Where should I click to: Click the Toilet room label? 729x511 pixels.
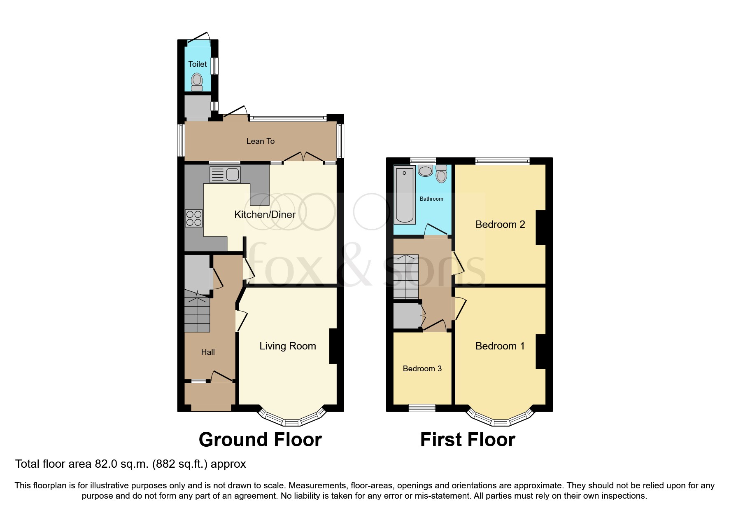[198, 64]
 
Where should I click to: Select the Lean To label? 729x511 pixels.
[260, 141]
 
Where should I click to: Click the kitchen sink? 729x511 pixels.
[225, 175]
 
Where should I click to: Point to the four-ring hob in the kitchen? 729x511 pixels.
[194, 218]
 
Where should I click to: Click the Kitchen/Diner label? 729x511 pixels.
[265, 215]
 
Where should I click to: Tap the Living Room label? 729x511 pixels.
[287, 346]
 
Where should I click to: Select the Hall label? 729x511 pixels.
[208, 352]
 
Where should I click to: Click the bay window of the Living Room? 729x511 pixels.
[291, 420]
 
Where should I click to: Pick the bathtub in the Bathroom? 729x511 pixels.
[404, 195]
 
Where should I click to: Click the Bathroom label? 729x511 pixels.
[431, 199]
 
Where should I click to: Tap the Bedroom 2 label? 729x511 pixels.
[500, 225]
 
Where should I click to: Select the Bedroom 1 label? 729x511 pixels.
[500, 346]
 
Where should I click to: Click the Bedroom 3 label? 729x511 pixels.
[422, 369]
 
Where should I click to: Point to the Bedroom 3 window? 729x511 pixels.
[422, 408]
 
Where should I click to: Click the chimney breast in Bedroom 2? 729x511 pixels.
[540, 227]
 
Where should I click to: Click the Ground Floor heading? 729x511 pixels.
[260, 440]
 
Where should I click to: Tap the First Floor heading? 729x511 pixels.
[467, 440]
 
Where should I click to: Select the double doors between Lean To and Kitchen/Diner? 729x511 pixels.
[303, 157]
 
